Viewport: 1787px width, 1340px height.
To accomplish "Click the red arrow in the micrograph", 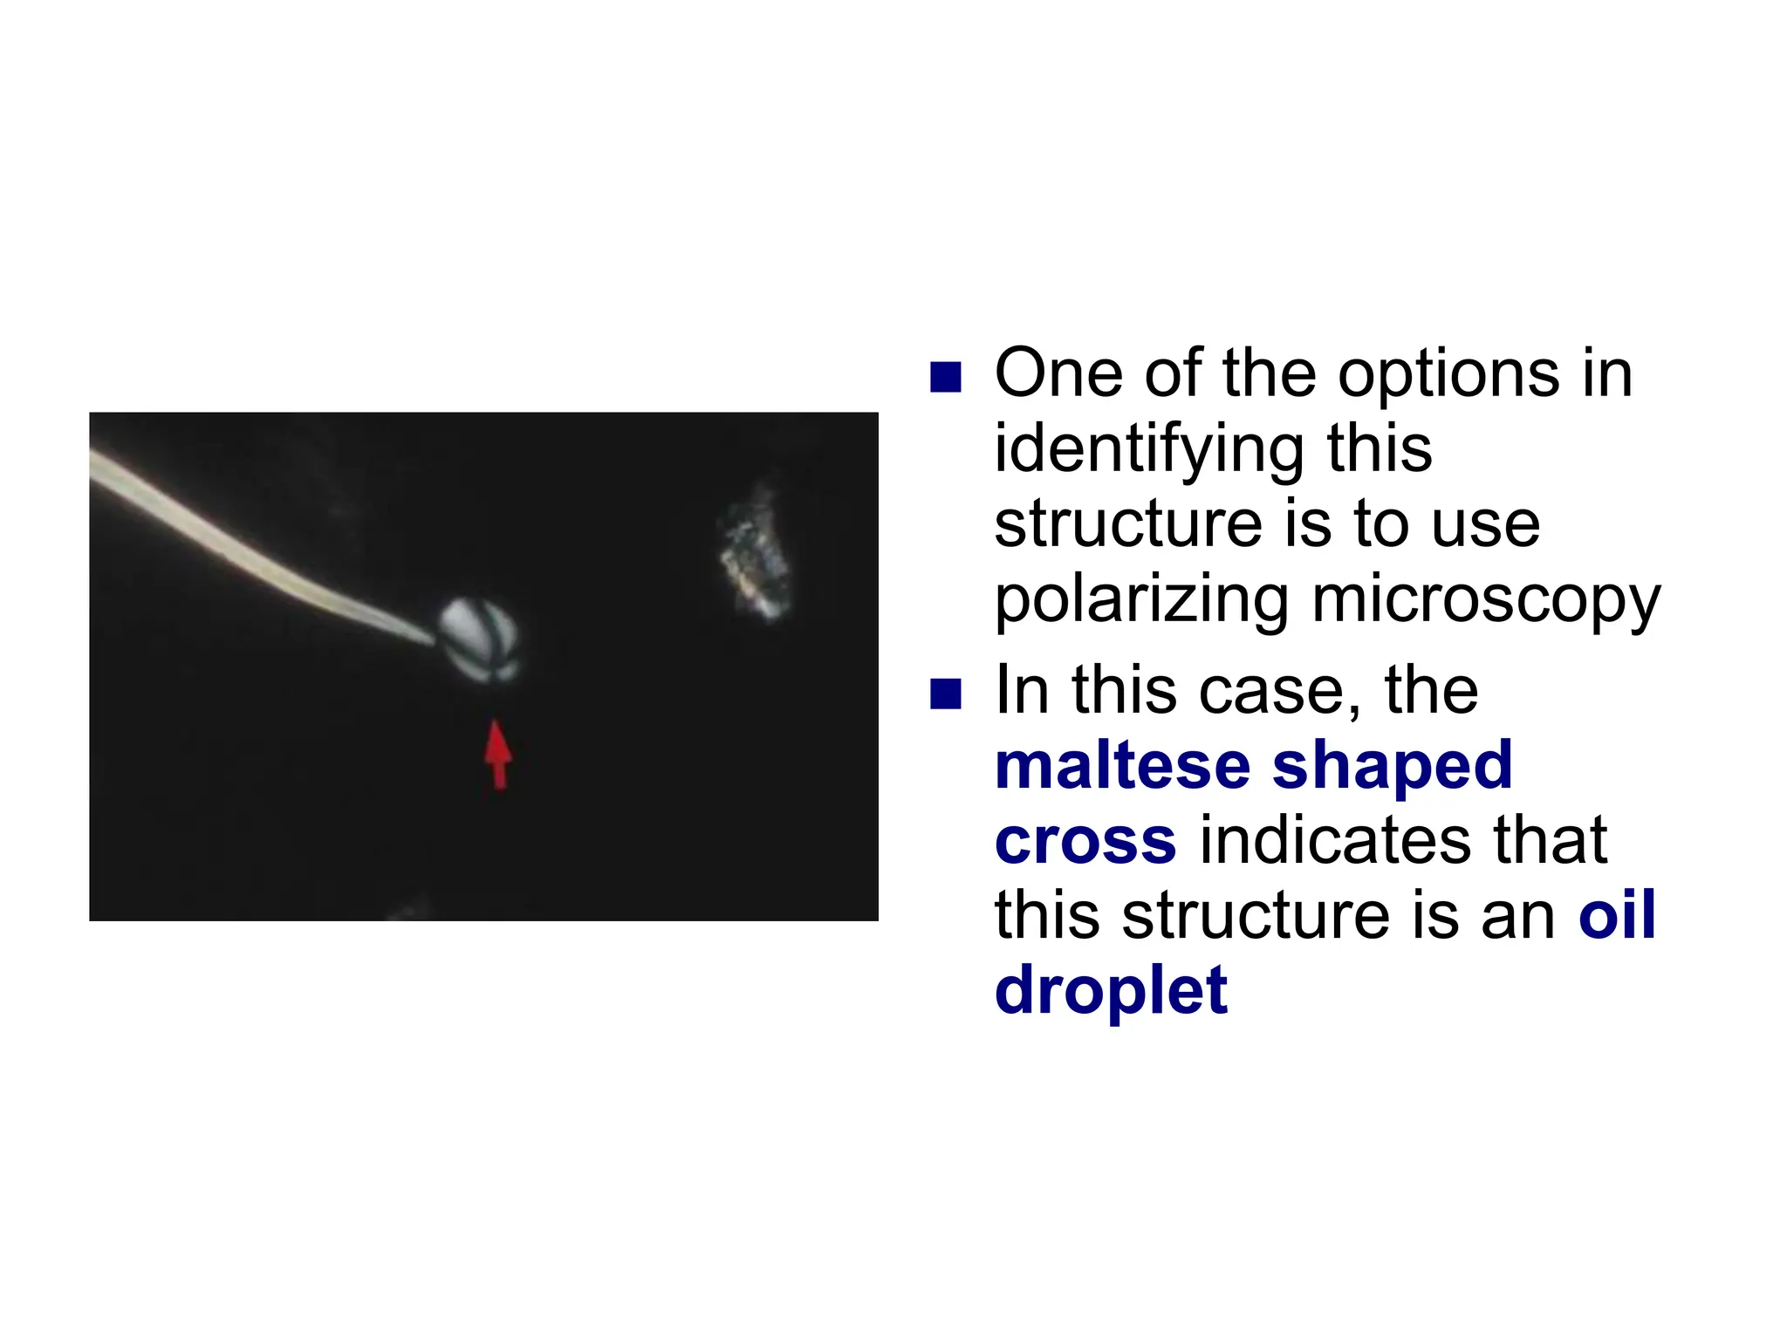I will [497, 755].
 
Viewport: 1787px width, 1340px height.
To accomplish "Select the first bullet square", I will [945, 378].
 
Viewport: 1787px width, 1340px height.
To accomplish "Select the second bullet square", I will [945, 694].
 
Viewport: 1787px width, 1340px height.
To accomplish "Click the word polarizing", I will [1141, 602].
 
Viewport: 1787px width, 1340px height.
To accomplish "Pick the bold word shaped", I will [1392, 765].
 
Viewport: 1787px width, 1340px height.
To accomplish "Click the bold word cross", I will [1085, 840].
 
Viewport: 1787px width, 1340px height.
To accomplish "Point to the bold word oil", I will [1617, 915].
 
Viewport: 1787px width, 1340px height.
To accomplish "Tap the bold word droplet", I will [1111, 991].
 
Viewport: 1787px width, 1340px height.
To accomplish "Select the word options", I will [1448, 376].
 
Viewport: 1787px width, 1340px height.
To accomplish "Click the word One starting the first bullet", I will [1058, 374].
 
